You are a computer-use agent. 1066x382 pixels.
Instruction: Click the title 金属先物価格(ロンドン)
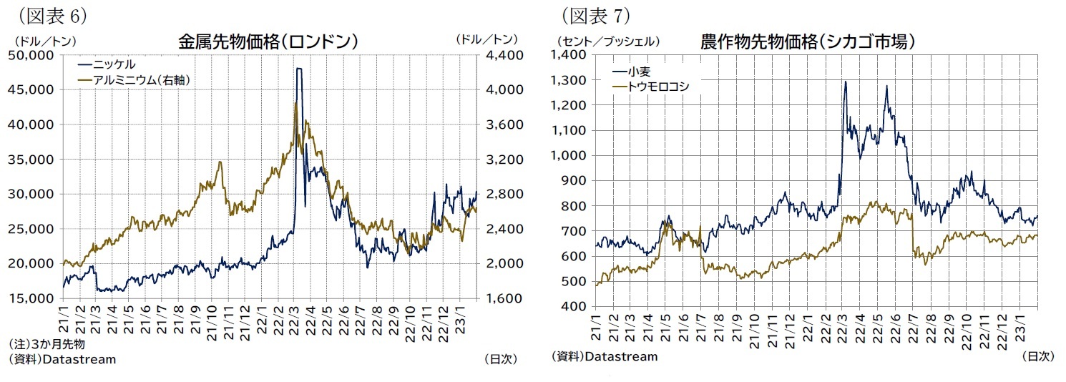tap(268, 41)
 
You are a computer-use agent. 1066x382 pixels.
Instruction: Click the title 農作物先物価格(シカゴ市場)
tap(808, 41)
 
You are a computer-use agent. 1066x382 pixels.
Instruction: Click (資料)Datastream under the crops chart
tap(605, 356)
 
